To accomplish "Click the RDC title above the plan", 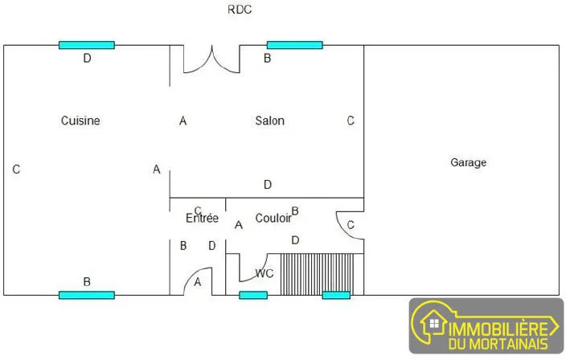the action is pyautogui.click(x=240, y=10).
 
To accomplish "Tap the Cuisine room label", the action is pyautogui.click(x=80, y=121).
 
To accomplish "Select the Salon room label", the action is pyautogui.click(x=269, y=121).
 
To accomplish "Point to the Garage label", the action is pyautogui.click(x=468, y=162).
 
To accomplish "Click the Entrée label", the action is pyautogui.click(x=202, y=218).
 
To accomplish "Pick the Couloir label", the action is pyautogui.click(x=273, y=218).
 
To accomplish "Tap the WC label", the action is pyautogui.click(x=265, y=273).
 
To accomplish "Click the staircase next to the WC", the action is pyautogui.click(x=317, y=274).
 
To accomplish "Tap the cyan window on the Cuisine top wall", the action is pyautogui.click(x=87, y=45).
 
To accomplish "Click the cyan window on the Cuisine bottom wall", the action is pyautogui.click(x=87, y=296).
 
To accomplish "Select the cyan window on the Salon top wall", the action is pyautogui.click(x=294, y=45).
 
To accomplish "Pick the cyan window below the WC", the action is pyautogui.click(x=253, y=296).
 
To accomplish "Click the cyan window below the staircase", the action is pyautogui.click(x=336, y=296).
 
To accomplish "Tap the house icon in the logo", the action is pyautogui.click(x=434, y=323).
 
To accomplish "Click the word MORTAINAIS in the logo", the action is pyautogui.click(x=510, y=343).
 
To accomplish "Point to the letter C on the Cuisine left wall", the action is pyautogui.click(x=16, y=170).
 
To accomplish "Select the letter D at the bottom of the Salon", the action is pyautogui.click(x=268, y=185).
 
